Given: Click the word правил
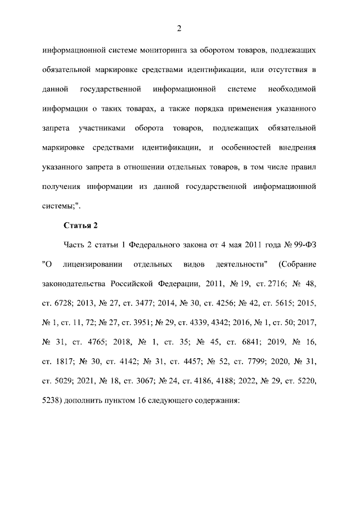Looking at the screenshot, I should pyautogui.click(x=303, y=166).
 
